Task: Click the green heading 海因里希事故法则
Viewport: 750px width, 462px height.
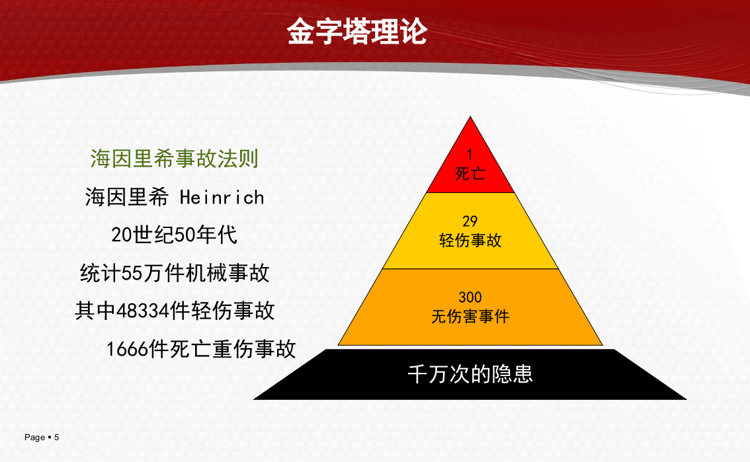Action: click(174, 159)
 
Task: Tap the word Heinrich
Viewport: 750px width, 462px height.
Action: click(222, 198)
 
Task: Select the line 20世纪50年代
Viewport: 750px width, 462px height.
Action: click(174, 235)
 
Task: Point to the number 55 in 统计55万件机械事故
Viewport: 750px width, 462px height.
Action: click(132, 273)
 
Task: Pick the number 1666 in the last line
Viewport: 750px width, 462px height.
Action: click(128, 349)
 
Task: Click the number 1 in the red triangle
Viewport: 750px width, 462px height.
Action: click(470, 155)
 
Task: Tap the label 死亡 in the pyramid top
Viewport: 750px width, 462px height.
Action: click(470, 174)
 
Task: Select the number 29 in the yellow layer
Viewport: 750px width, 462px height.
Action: click(470, 221)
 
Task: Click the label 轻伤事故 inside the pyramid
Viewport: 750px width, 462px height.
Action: click(470, 241)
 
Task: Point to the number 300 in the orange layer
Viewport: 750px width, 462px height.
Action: click(470, 297)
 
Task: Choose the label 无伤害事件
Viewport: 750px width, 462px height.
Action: click(470, 317)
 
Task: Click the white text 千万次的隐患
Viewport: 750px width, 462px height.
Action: click(470, 375)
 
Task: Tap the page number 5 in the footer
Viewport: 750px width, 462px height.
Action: click(57, 438)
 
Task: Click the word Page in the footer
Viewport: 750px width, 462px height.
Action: click(34, 438)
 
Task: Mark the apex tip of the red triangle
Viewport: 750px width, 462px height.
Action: click(470, 118)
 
